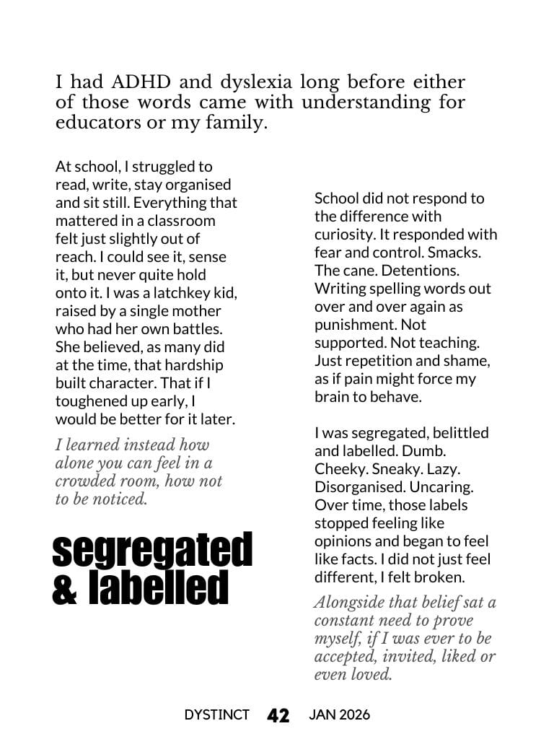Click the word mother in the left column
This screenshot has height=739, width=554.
[x=195, y=311]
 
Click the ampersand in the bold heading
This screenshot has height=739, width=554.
[x=66, y=588]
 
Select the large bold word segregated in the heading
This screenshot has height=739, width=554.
[x=152, y=552]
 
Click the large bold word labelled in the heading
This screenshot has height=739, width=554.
[x=158, y=588]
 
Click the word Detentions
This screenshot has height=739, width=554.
[x=423, y=271]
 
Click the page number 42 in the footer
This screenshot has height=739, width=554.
[x=278, y=715]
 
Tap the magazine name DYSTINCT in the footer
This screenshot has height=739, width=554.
[x=216, y=715]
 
